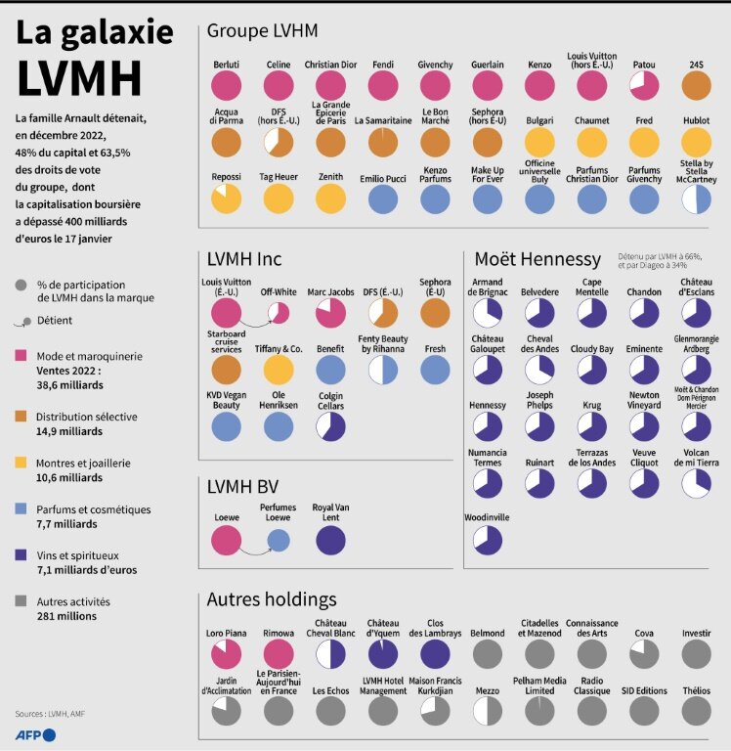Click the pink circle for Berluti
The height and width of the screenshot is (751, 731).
pyautogui.click(x=227, y=86)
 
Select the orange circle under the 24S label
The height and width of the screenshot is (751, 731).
pyautogui.click(x=696, y=86)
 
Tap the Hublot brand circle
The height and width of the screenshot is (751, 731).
pyautogui.click(x=696, y=142)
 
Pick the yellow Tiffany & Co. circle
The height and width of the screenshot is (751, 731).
pyautogui.click(x=279, y=370)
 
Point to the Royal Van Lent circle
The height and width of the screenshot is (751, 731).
pyautogui.click(x=331, y=541)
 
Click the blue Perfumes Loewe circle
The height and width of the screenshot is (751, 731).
pyautogui.click(x=279, y=541)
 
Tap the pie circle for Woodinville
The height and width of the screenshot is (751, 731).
pyautogui.click(x=487, y=540)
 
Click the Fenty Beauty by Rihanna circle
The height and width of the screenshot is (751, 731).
pyautogui.click(x=383, y=370)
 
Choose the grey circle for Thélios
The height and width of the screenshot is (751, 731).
pyautogui.click(x=696, y=711)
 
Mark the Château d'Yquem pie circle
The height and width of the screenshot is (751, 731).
pyautogui.click(x=383, y=653)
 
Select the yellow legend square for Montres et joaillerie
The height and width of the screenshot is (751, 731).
pyautogui.click(x=21, y=463)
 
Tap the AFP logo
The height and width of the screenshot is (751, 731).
pyautogui.click(x=35, y=733)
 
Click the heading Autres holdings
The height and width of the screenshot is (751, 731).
pyautogui.click(x=272, y=598)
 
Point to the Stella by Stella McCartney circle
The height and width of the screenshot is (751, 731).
pyautogui.click(x=696, y=199)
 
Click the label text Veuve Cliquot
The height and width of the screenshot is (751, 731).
pyautogui.click(x=644, y=458)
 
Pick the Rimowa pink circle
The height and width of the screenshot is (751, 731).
pyautogui.click(x=279, y=653)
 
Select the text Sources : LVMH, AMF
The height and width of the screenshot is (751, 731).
pyautogui.click(x=52, y=714)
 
